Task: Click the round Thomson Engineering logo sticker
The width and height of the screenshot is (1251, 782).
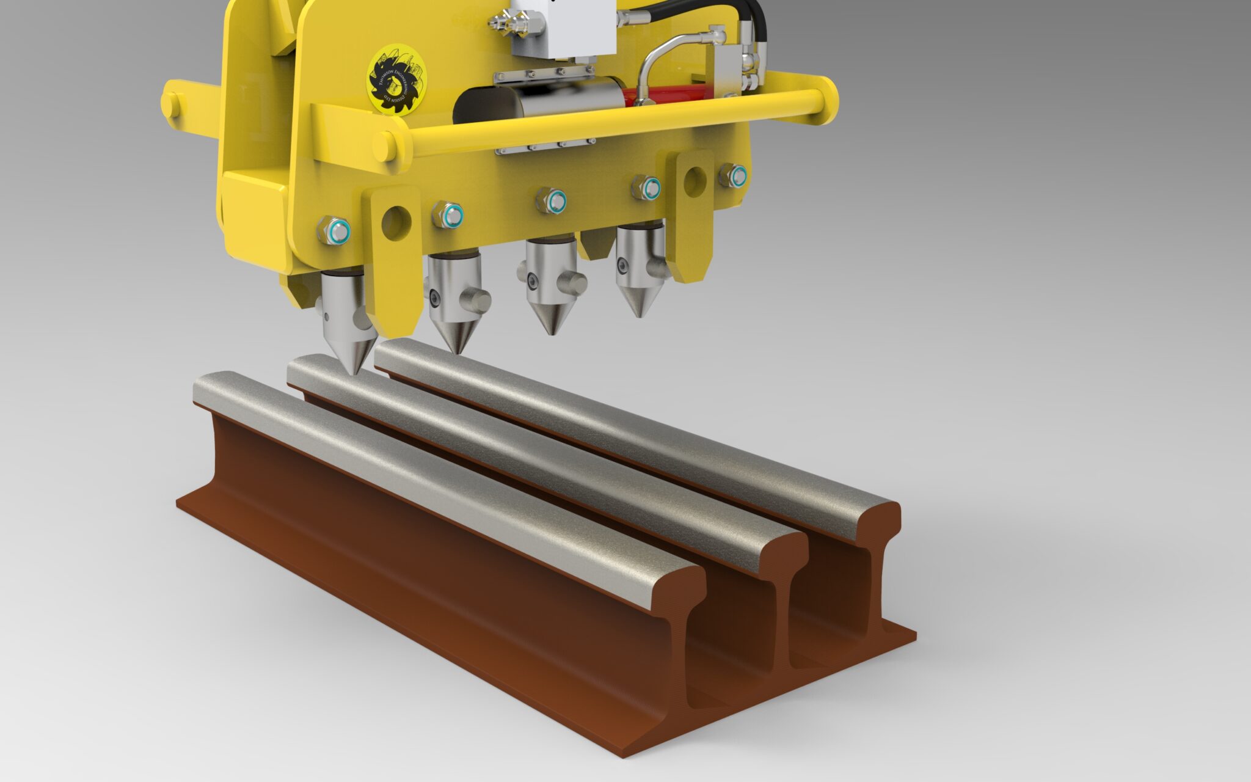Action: (396, 79)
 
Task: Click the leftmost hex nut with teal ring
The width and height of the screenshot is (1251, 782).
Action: (334, 230)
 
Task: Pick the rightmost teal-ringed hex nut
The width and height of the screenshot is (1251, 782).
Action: (732, 176)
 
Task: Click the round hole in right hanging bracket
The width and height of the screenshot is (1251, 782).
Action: (695, 181)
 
